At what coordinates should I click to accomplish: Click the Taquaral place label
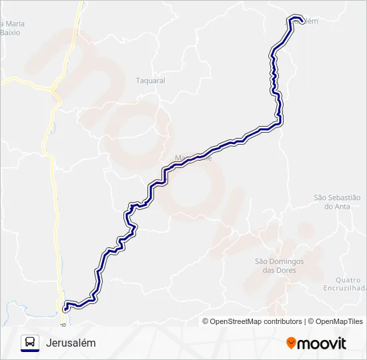coord(150,81)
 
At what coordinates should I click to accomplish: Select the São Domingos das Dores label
coord(279,265)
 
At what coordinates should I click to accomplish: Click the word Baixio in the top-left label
coord(11,32)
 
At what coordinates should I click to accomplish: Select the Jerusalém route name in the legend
coord(71,343)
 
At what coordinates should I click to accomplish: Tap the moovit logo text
coord(322,343)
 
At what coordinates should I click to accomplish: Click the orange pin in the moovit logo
coord(291,343)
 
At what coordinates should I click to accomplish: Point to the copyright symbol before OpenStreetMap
coord(206,321)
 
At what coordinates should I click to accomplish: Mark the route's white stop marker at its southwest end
coord(65,308)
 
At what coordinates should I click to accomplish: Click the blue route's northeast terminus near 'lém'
coord(300,19)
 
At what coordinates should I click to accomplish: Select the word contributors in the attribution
coord(283,321)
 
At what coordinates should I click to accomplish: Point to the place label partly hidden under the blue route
coord(194,158)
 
